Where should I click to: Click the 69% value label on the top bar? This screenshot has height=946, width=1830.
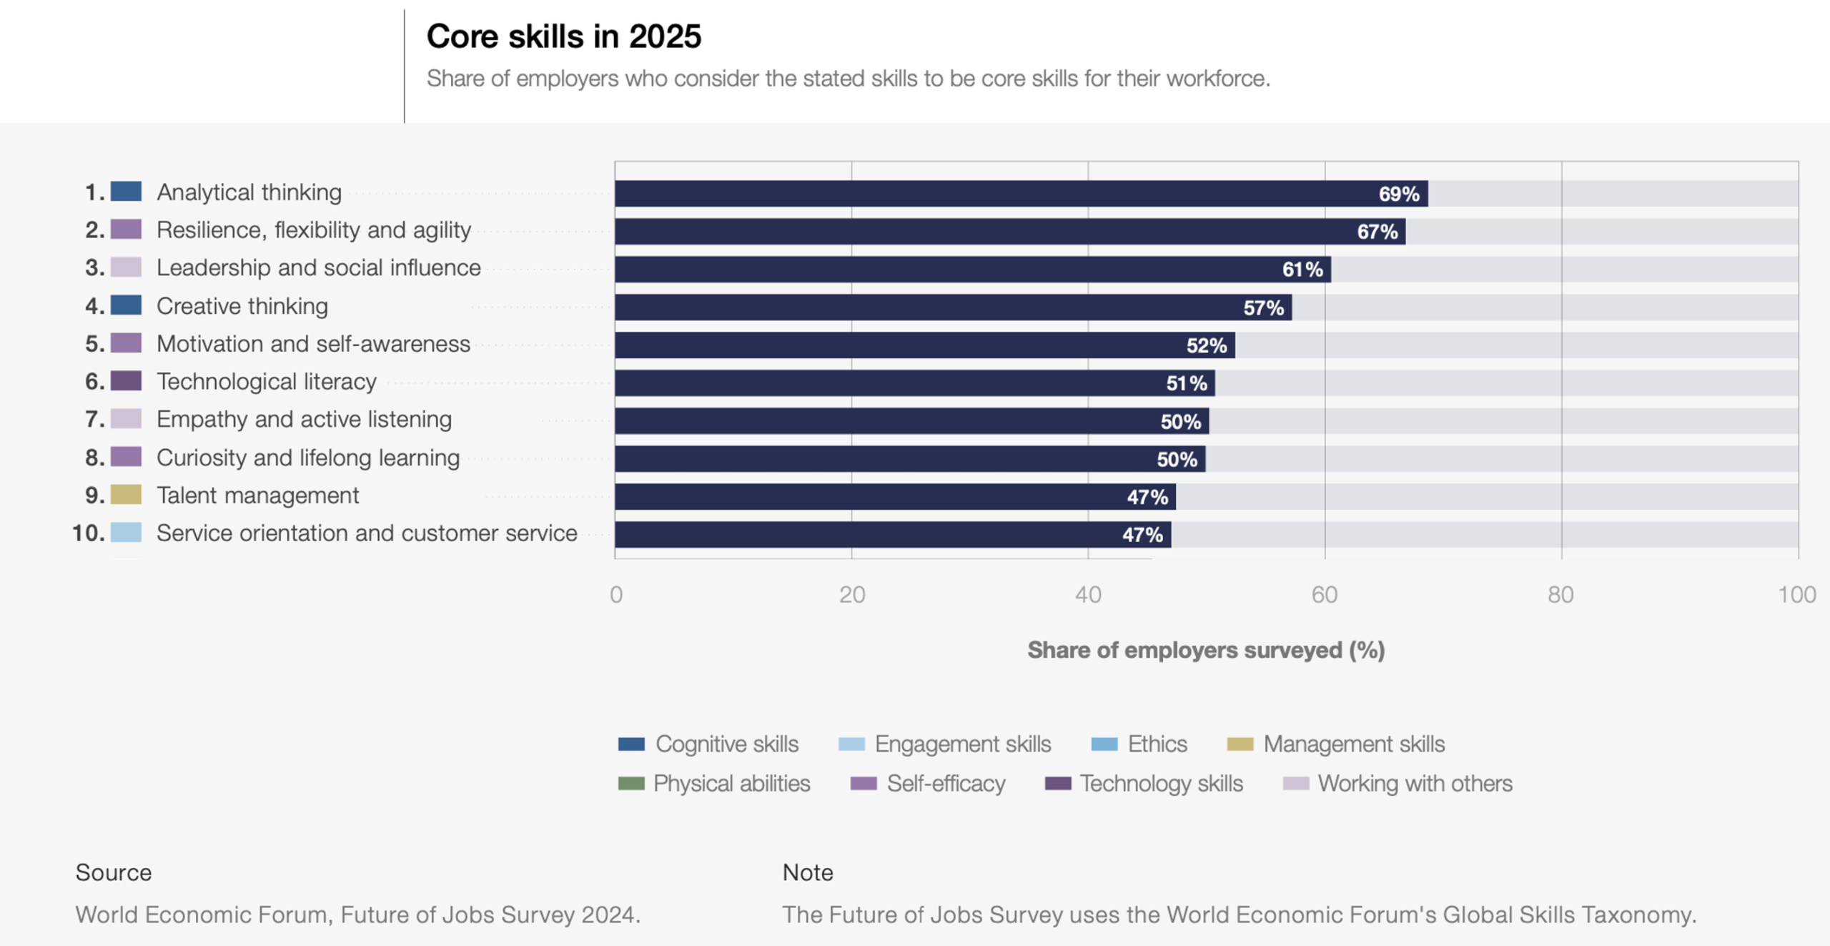(1398, 194)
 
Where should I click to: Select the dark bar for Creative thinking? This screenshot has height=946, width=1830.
(952, 307)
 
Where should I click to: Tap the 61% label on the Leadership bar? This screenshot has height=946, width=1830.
(1302, 270)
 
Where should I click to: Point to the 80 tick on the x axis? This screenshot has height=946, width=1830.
(1561, 595)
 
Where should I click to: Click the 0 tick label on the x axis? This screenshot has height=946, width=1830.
(616, 595)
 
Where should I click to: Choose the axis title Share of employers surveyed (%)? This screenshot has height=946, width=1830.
(1206, 650)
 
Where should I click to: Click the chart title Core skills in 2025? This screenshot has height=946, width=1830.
(563, 36)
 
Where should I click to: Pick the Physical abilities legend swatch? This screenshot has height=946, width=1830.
(631, 784)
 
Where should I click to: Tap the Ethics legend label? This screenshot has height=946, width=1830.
(1157, 744)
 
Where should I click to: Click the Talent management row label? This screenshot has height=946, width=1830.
(257, 496)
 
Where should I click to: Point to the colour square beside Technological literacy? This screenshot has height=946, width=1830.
(126, 381)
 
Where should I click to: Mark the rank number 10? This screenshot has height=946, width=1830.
(88, 533)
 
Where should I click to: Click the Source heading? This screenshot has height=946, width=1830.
(114, 872)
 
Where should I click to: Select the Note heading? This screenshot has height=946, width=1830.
(807, 872)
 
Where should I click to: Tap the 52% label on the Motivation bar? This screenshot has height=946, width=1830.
(1206, 346)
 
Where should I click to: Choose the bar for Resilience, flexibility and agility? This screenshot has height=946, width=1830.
(1009, 232)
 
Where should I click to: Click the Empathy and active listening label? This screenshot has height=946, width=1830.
(304, 420)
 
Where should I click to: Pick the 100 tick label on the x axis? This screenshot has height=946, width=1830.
(1796, 595)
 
